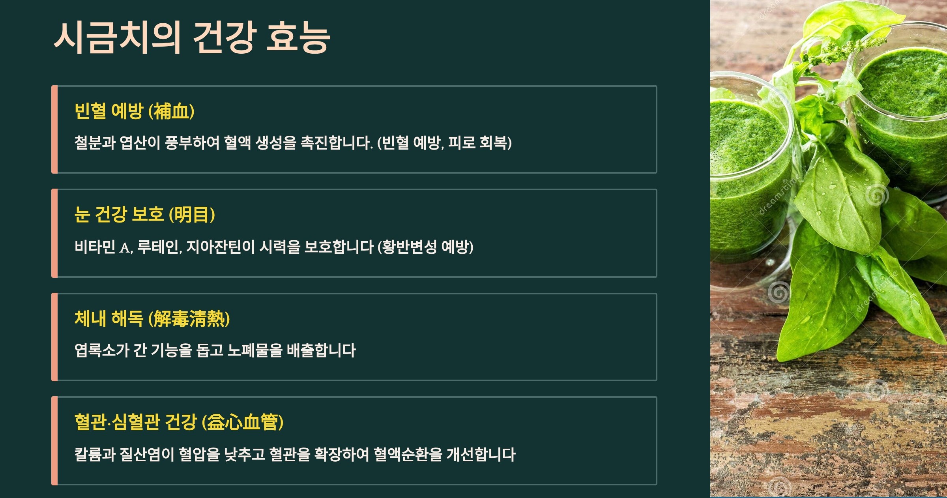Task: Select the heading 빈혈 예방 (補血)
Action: (134, 111)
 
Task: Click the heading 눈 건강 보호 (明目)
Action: (144, 215)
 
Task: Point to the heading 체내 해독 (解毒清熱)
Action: (152, 318)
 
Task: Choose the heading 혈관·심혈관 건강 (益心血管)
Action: (179, 422)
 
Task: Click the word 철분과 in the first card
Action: (95, 142)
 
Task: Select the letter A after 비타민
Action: (125, 247)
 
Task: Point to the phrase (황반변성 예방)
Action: (425, 247)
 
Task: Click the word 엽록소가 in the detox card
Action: (101, 350)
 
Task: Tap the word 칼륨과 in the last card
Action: (95, 454)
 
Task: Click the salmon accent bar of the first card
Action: (54, 129)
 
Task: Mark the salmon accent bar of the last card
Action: (54, 441)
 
